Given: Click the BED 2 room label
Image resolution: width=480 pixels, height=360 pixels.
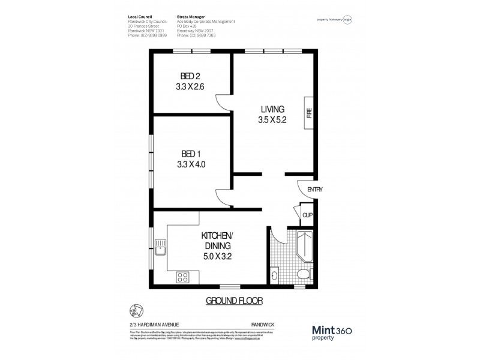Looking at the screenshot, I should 190,76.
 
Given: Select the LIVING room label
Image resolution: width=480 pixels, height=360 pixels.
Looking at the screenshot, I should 271,109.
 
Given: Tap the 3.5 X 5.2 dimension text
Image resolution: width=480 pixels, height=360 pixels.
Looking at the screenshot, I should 271,119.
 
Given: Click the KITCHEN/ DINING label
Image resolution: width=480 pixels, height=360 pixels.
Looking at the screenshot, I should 217,240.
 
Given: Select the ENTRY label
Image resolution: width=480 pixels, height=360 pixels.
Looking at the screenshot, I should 315,190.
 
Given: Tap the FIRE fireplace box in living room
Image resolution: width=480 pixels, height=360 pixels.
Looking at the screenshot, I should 309,113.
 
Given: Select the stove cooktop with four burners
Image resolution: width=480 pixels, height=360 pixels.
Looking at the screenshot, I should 182,277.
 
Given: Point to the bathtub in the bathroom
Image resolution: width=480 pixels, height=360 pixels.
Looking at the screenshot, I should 302,245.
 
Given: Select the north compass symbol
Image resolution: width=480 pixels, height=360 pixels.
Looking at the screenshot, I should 135,310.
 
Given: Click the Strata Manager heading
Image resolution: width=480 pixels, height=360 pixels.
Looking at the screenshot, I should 192,17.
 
